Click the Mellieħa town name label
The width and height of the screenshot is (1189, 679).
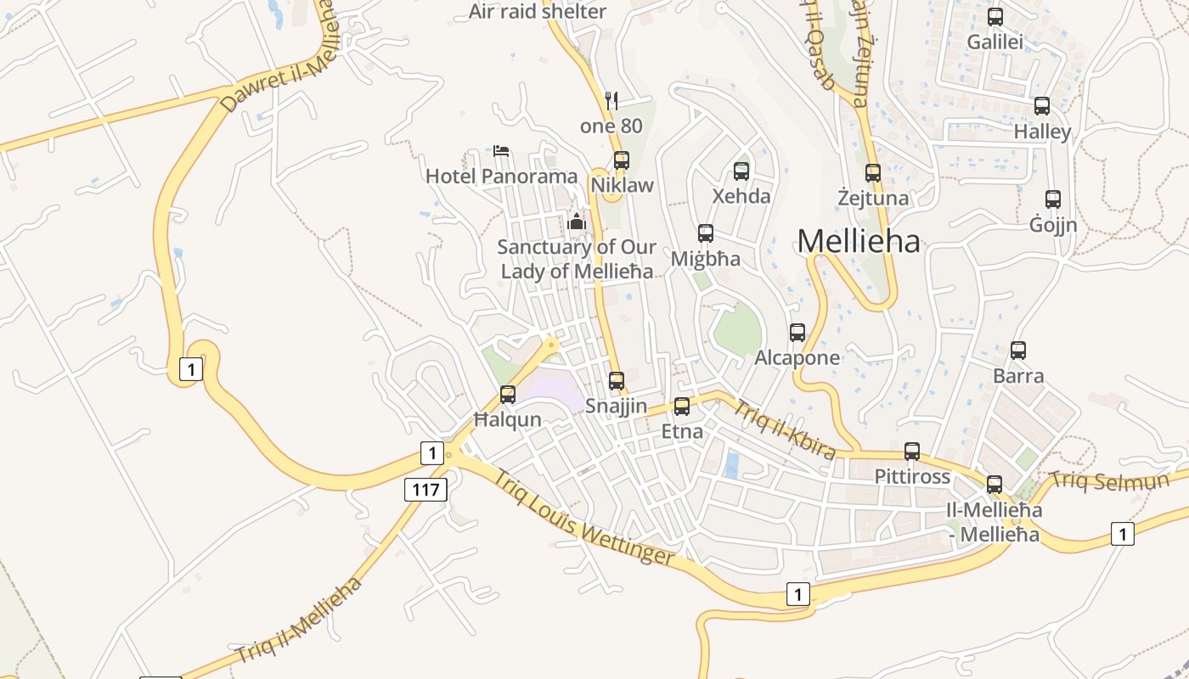tap(859, 242)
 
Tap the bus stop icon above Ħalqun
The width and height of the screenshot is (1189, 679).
tap(508, 395)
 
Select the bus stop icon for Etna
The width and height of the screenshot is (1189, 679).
tap(682, 407)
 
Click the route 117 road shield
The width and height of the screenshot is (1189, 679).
tap(425, 489)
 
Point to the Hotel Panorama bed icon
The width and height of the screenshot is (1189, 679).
tap(501, 151)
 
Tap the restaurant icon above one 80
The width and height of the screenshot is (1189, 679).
tap(611, 100)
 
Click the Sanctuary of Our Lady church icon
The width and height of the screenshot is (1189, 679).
tap(577, 222)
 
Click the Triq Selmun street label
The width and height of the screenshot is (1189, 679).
tap(1109, 480)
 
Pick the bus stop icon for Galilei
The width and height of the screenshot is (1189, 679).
tap(995, 17)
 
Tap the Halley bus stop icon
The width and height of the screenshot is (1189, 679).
tap(1042, 106)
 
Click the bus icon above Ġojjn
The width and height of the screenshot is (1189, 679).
tap(1053, 199)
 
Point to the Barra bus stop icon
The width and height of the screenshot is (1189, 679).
tap(1018, 350)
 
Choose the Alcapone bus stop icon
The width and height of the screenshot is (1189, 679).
tap(797, 333)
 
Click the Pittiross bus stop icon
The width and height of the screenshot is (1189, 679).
tap(912, 452)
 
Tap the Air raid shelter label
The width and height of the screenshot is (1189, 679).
tap(538, 11)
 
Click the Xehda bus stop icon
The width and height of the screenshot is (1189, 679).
tap(741, 171)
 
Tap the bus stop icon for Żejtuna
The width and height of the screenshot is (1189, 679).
tap(873, 173)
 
